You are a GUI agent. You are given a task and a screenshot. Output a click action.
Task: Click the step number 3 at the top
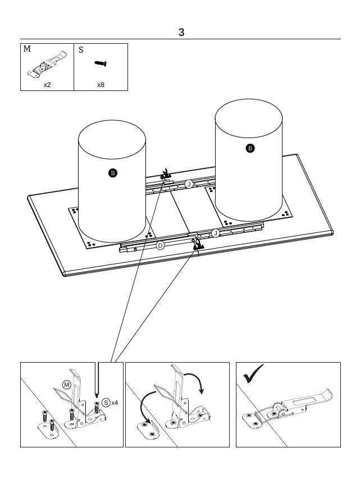[181, 33]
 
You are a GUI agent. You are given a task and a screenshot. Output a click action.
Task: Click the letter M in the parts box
[27, 49]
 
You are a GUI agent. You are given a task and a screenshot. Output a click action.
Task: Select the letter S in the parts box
[81, 50]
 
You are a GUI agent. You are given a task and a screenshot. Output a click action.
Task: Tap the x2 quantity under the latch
[47, 85]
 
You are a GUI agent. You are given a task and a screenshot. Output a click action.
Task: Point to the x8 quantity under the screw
[101, 85]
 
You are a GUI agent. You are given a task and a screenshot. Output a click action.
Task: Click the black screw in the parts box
[101, 63]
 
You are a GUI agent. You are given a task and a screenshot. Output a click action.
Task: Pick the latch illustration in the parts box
[47, 65]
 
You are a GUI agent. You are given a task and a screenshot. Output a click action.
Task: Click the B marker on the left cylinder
[113, 173]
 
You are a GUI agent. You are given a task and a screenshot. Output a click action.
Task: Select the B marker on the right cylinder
[250, 148]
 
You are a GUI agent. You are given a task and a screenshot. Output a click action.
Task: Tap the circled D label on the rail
[160, 246]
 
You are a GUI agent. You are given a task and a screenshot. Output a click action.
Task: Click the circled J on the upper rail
[189, 184]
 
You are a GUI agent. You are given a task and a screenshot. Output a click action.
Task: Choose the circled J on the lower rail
[215, 233]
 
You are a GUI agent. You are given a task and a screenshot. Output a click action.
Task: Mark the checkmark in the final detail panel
[253, 374]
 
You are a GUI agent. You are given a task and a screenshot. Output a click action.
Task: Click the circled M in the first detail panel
[66, 385]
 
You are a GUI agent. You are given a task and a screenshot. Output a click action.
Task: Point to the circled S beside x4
[106, 403]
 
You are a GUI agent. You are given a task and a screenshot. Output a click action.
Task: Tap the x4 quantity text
[115, 403]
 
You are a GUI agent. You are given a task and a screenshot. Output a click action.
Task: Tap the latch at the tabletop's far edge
[165, 175]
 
